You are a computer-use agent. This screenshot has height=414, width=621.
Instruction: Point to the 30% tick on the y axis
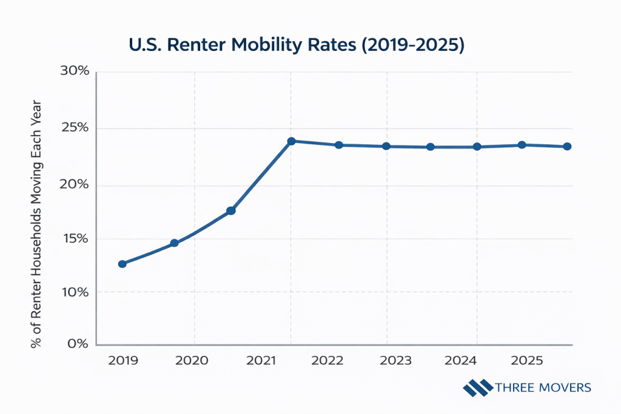click(75, 72)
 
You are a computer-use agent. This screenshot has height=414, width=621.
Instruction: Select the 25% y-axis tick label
click(75, 129)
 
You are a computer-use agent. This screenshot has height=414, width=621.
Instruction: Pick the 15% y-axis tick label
click(75, 239)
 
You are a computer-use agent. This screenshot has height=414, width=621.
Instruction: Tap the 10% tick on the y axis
click(75, 292)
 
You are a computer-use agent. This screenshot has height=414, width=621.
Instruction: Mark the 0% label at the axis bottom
click(79, 344)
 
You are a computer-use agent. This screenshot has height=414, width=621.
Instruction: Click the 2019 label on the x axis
click(123, 361)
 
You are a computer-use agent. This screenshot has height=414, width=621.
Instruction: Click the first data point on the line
click(123, 264)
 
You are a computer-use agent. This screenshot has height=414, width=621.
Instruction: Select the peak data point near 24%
click(291, 141)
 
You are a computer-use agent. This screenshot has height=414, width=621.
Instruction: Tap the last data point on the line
click(567, 147)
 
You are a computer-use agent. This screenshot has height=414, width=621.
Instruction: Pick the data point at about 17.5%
click(231, 211)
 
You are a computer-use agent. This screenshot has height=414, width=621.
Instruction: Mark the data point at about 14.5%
click(174, 243)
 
